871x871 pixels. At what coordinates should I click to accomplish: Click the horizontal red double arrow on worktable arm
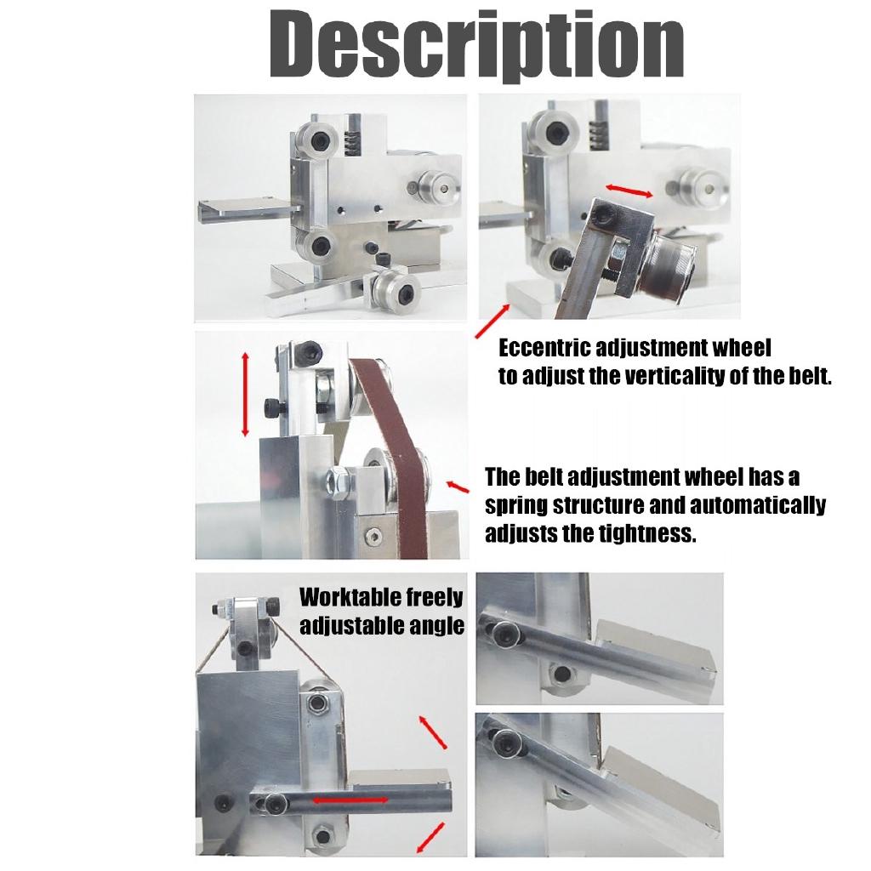point(349,800)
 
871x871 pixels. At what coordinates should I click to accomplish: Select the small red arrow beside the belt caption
point(458,486)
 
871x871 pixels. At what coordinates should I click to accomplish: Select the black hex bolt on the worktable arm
point(276,803)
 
